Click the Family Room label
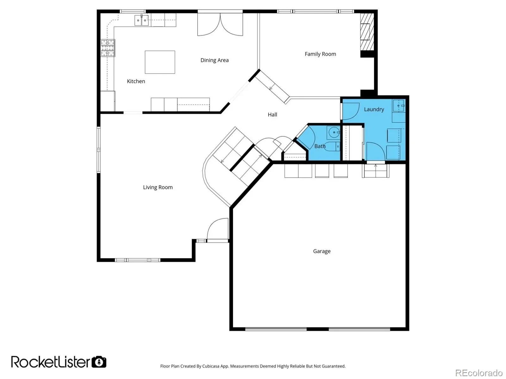[x=320, y=54]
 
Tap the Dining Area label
[x=214, y=60]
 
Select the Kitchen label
[x=136, y=81]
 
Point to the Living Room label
[x=158, y=187]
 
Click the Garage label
[x=322, y=251]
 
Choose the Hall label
[x=272, y=114]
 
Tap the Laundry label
[x=374, y=109]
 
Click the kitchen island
[x=160, y=62]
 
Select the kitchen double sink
[x=142, y=20]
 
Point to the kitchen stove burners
[x=108, y=48]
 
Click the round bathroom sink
[x=334, y=132]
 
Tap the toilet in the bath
[x=332, y=147]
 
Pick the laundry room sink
[x=398, y=106]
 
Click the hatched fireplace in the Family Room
[x=367, y=32]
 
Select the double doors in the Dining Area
[x=220, y=24]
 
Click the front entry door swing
[x=218, y=229]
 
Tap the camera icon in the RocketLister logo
[x=99, y=362]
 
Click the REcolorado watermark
[x=479, y=373]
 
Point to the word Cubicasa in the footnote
[x=211, y=366]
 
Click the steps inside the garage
[x=375, y=171]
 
